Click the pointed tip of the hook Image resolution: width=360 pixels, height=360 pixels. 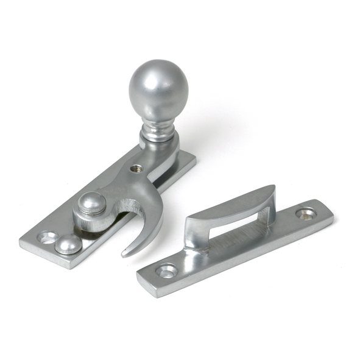click(x=124, y=253)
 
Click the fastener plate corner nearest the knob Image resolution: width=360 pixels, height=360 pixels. click(x=194, y=160)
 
